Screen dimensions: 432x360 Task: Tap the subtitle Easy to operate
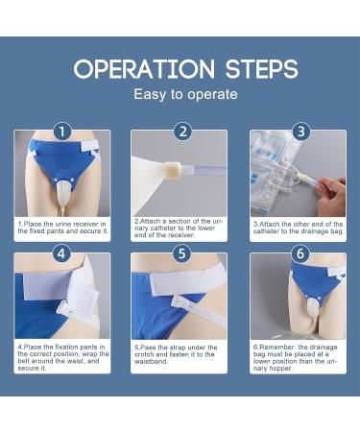[x=180, y=96]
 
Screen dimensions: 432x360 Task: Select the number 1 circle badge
[x=62, y=132]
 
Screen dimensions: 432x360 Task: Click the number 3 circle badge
[x=299, y=132]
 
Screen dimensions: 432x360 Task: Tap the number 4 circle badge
[x=62, y=254]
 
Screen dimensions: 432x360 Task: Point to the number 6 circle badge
[x=299, y=254]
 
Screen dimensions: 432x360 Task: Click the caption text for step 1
[x=62, y=228]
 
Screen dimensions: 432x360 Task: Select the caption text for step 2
[x=180, y=228]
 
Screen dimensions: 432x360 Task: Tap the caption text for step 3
[x=299, y=228]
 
